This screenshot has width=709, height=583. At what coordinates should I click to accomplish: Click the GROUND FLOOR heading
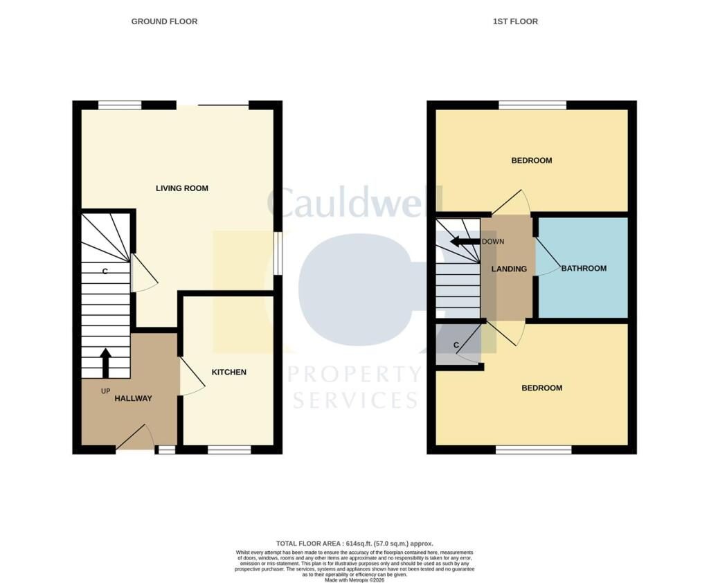[164, 21]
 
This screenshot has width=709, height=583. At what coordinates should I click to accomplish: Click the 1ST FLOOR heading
[515, 21]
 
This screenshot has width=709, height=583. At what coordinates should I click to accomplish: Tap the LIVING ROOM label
[182, 188]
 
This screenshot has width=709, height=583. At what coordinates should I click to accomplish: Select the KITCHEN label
[228, 372]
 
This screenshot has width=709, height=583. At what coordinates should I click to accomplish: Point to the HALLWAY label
[133, 398]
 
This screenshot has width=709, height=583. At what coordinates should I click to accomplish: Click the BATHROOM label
[584, 268]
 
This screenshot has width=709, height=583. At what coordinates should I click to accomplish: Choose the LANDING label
[509, 269]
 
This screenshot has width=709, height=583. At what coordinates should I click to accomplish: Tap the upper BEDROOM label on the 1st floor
[531, 160]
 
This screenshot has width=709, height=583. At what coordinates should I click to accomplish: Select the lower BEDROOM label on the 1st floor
[541, 388]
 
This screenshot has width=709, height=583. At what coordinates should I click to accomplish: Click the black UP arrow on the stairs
[106, 363]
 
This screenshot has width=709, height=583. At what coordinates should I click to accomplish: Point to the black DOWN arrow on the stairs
[465, 242]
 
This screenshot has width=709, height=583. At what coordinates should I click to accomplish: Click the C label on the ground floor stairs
[105, 271]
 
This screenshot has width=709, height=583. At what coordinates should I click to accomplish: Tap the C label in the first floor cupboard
[456, 345]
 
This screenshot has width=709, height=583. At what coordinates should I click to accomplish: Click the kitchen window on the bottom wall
[229, 449]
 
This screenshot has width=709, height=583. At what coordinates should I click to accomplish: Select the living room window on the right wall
[278, 253]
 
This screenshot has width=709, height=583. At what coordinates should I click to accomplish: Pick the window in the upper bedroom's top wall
[532, 105]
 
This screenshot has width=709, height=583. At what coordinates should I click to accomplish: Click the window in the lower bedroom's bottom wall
[534, 449]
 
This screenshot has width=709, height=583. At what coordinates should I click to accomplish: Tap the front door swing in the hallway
[136, 436]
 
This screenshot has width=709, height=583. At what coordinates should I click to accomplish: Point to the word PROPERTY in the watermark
[355, 374]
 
